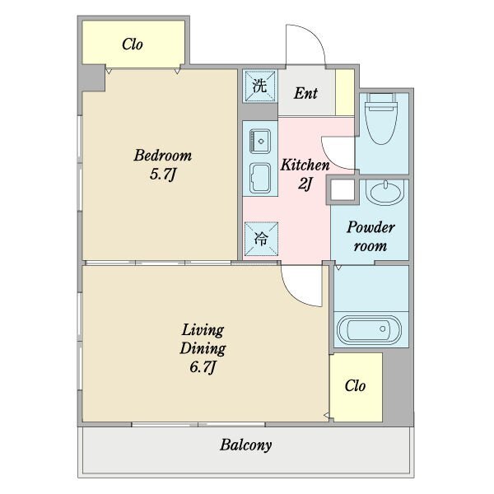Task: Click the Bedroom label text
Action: [162, 156]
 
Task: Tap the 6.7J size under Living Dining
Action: [203, 366]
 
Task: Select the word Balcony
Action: [245, 445]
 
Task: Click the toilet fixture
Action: [381, 119]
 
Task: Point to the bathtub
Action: [369, 329]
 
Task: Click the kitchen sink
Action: [260, 141]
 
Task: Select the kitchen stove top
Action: [260, 178]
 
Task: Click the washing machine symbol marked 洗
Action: [260, 86]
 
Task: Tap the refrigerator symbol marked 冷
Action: [261, 239]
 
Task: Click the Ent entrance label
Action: [305, 93]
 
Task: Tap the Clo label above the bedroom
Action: [133, 44]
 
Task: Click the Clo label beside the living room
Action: [355, 385]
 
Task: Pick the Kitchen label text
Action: [305, 165]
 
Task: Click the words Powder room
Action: [370, 236]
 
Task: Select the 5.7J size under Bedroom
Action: [162, 174]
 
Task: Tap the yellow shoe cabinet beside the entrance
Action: [345, 92]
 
